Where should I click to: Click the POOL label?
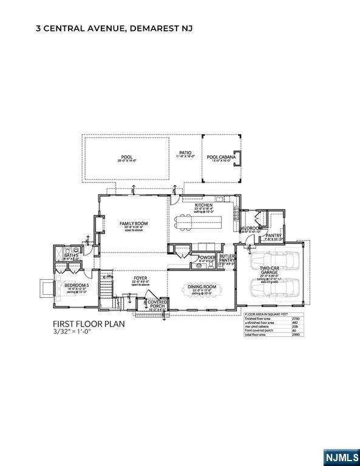click(x=126, y=158)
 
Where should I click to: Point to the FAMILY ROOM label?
click(x=134, y=223)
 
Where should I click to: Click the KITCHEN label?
click(x=203, y=206)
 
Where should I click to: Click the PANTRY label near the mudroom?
click(x=273, y=235)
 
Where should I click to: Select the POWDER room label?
click(x=207, y=257)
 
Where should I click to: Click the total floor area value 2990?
click(x=296, y=334)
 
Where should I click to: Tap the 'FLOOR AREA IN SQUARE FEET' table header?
click(x=263, y=314)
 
